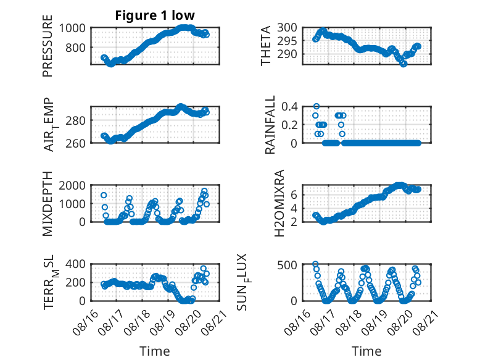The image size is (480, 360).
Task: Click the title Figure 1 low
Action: pyautogui.click(x=155, y=15)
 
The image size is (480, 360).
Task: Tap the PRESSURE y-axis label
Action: pyautogui.click(x=48, y=46)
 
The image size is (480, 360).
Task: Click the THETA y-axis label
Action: pyautogui.click(x=266, y=46)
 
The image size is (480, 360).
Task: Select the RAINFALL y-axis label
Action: pyautogui.click(x=270, y=125)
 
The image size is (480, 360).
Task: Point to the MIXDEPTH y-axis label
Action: pyautogui.click(x=48, y=204)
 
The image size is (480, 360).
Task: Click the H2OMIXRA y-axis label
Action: pyautogui.click(x=279, y=203)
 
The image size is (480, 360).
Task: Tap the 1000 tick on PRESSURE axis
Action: pyautogui.click(x=72, y=28)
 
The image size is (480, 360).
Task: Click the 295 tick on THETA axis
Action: pyautogui.click(x=287, y=41)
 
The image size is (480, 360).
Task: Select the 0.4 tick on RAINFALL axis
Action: pyautogui.click(x=289, y=107)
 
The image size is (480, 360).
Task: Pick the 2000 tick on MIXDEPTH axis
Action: pyautogui.click(x=72, y=185)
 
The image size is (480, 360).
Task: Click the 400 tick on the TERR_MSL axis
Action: pyautogui.click(x=75, y=264)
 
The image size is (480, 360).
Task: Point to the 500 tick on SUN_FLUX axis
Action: pyautogui.click(x=287, y=264)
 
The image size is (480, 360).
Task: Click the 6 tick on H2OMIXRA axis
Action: pyautogui.click(x=294, y=195)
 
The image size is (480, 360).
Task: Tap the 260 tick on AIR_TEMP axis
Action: pyautogui.click(x=75, y=143)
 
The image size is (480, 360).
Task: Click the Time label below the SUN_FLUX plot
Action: pyautogui.click(x=366, y=351)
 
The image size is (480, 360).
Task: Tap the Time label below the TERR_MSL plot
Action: pyautogui.click(x=155, y=351)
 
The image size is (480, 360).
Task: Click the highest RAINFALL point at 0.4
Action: pyautogui.click(x=317, y=106)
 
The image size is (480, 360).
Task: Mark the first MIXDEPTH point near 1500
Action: pyautogui.click(x=104, y=195)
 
